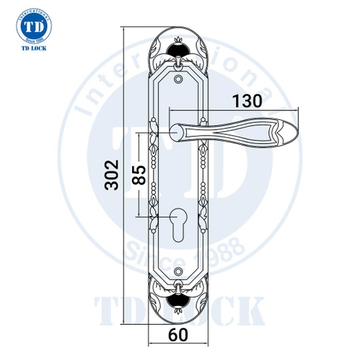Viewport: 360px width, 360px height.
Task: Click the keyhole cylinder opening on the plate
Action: click(x=179, y=223)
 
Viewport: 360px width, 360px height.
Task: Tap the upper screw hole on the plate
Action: click(x=179, y=76)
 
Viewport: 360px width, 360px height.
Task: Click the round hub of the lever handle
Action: click(x=179, y=133)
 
